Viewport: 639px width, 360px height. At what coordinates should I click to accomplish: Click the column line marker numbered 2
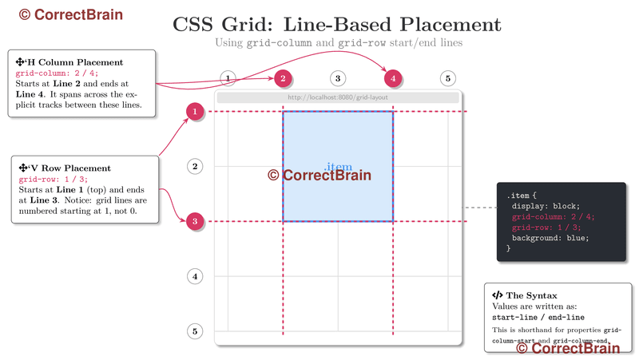283,78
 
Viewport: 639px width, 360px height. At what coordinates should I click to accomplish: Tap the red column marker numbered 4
392,78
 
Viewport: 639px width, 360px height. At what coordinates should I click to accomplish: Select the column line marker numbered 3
338,78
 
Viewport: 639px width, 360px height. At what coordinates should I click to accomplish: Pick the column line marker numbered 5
448,78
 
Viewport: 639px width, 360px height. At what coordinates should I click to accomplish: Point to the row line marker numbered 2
194,166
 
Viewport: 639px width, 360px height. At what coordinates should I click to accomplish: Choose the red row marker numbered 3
194,221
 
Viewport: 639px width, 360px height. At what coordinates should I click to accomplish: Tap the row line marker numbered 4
194,276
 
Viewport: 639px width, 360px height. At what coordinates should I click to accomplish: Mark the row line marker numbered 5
194,330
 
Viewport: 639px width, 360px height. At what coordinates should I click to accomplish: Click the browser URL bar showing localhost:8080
338,97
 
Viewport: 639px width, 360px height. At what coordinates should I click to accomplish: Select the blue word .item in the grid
339,167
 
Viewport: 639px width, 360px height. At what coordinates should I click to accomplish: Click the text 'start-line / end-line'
532,317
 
